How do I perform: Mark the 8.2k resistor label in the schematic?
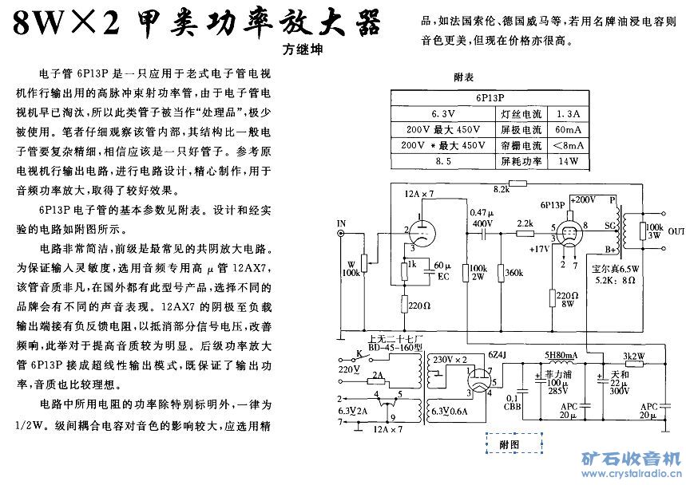pos(502,189)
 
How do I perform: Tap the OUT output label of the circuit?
pos(676,232)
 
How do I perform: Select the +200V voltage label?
pos(584,199)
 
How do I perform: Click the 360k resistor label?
pos(514,273)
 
